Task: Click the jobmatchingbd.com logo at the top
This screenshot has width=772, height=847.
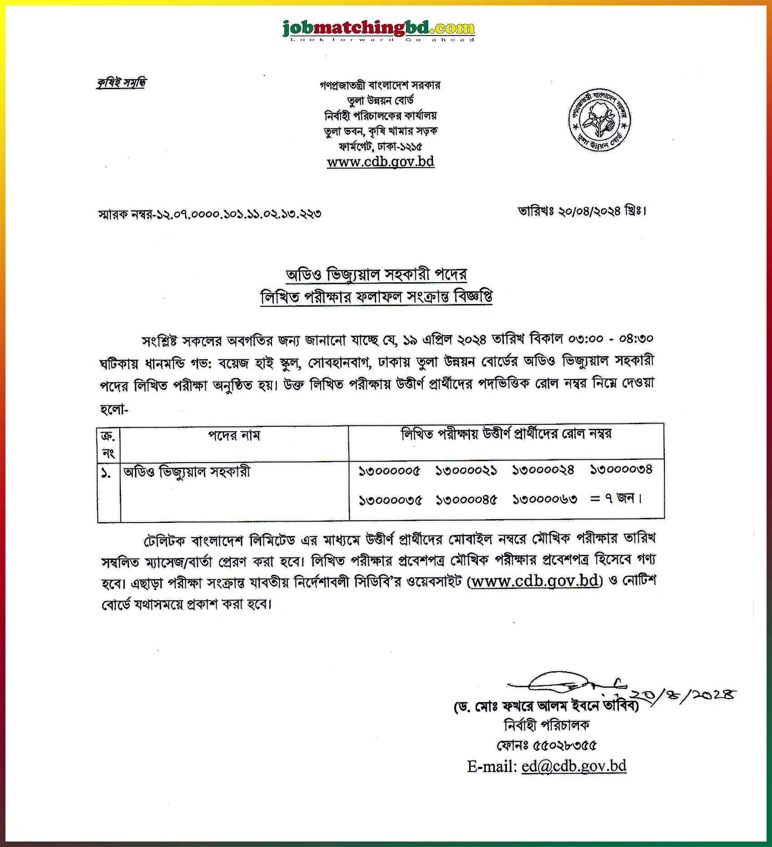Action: [378, 30]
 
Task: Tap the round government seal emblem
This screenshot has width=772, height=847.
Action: [599, 119]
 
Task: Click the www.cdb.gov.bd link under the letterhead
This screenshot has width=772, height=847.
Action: [381, 162]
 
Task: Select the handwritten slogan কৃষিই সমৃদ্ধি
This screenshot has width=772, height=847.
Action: [121, 83]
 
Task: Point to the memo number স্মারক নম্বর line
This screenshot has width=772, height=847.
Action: [210, 214]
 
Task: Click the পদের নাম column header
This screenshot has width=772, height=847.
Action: [234, 436]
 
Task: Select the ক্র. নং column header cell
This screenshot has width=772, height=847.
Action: [108, 444]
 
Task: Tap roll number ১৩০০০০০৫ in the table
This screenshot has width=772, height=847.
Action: [390, 471]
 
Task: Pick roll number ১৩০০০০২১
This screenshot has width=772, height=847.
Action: [466, 470]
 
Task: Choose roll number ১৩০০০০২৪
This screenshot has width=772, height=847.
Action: [544, 470]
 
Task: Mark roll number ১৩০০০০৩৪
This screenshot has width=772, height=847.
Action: [621, 469]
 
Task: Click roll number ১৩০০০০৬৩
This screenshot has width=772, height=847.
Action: [545, 500]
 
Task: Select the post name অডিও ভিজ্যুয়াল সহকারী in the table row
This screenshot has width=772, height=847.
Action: [187, 472]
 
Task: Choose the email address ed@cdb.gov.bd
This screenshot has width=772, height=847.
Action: [574, 767]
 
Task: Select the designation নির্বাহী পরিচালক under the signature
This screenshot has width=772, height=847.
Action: [547, 726]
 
